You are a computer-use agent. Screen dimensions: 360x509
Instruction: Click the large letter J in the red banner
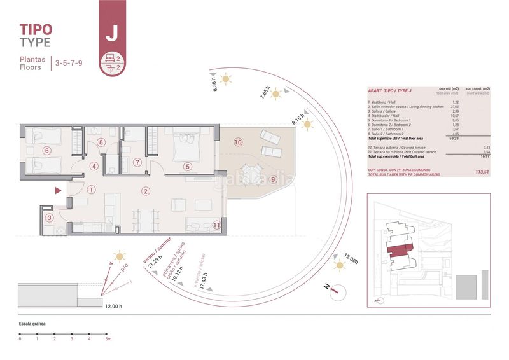click(111, 34)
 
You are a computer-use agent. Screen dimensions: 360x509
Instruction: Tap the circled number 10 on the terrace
click(238, 142)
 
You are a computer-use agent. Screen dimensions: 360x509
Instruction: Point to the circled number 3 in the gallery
click(50, 218)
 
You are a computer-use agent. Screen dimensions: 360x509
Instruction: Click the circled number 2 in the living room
click(146, 191)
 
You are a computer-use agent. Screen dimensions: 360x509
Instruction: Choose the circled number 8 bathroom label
click(101, 142)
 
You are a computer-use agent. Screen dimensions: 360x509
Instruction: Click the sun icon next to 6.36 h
click(226, 80)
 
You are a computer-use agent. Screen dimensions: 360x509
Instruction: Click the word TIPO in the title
click(36, 29)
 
